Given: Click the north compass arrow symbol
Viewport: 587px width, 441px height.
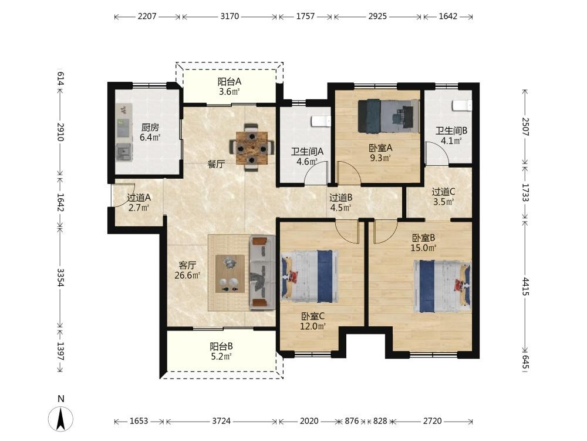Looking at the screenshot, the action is [x=60, y=417].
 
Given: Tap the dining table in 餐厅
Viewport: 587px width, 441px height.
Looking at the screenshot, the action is [x=252, y=148].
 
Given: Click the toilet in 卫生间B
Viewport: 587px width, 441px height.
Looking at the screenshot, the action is [x=462, y=105].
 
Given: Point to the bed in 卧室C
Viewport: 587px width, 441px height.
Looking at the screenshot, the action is [x=309, y=277].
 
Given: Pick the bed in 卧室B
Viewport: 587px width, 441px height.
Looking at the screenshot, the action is [x=443, y=286].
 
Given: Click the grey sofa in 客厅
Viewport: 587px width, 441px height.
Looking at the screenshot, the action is [x=262, y=272].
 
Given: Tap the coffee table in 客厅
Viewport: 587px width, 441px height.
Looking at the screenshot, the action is [x=230, y=274].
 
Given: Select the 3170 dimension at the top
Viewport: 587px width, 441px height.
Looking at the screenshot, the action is [x=230, y=16].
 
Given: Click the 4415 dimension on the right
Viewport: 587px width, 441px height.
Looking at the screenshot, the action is [x=525, y=286].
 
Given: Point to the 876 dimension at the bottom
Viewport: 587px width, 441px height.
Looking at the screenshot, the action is [x=352, y=421].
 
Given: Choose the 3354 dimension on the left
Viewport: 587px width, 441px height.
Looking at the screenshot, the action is [x=60, y=277].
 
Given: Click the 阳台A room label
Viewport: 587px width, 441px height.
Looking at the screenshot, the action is [x=229, y=81].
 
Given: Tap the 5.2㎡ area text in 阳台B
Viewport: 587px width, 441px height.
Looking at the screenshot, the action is [x=221, y=356].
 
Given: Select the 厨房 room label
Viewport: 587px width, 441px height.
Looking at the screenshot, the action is [x=150, y=128].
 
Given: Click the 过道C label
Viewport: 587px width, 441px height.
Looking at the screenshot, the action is [x=443, y=192].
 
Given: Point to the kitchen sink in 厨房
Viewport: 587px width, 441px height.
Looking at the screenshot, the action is [x=124, y=152].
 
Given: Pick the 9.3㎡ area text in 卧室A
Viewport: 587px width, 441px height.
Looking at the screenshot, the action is [x=380, y=158].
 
